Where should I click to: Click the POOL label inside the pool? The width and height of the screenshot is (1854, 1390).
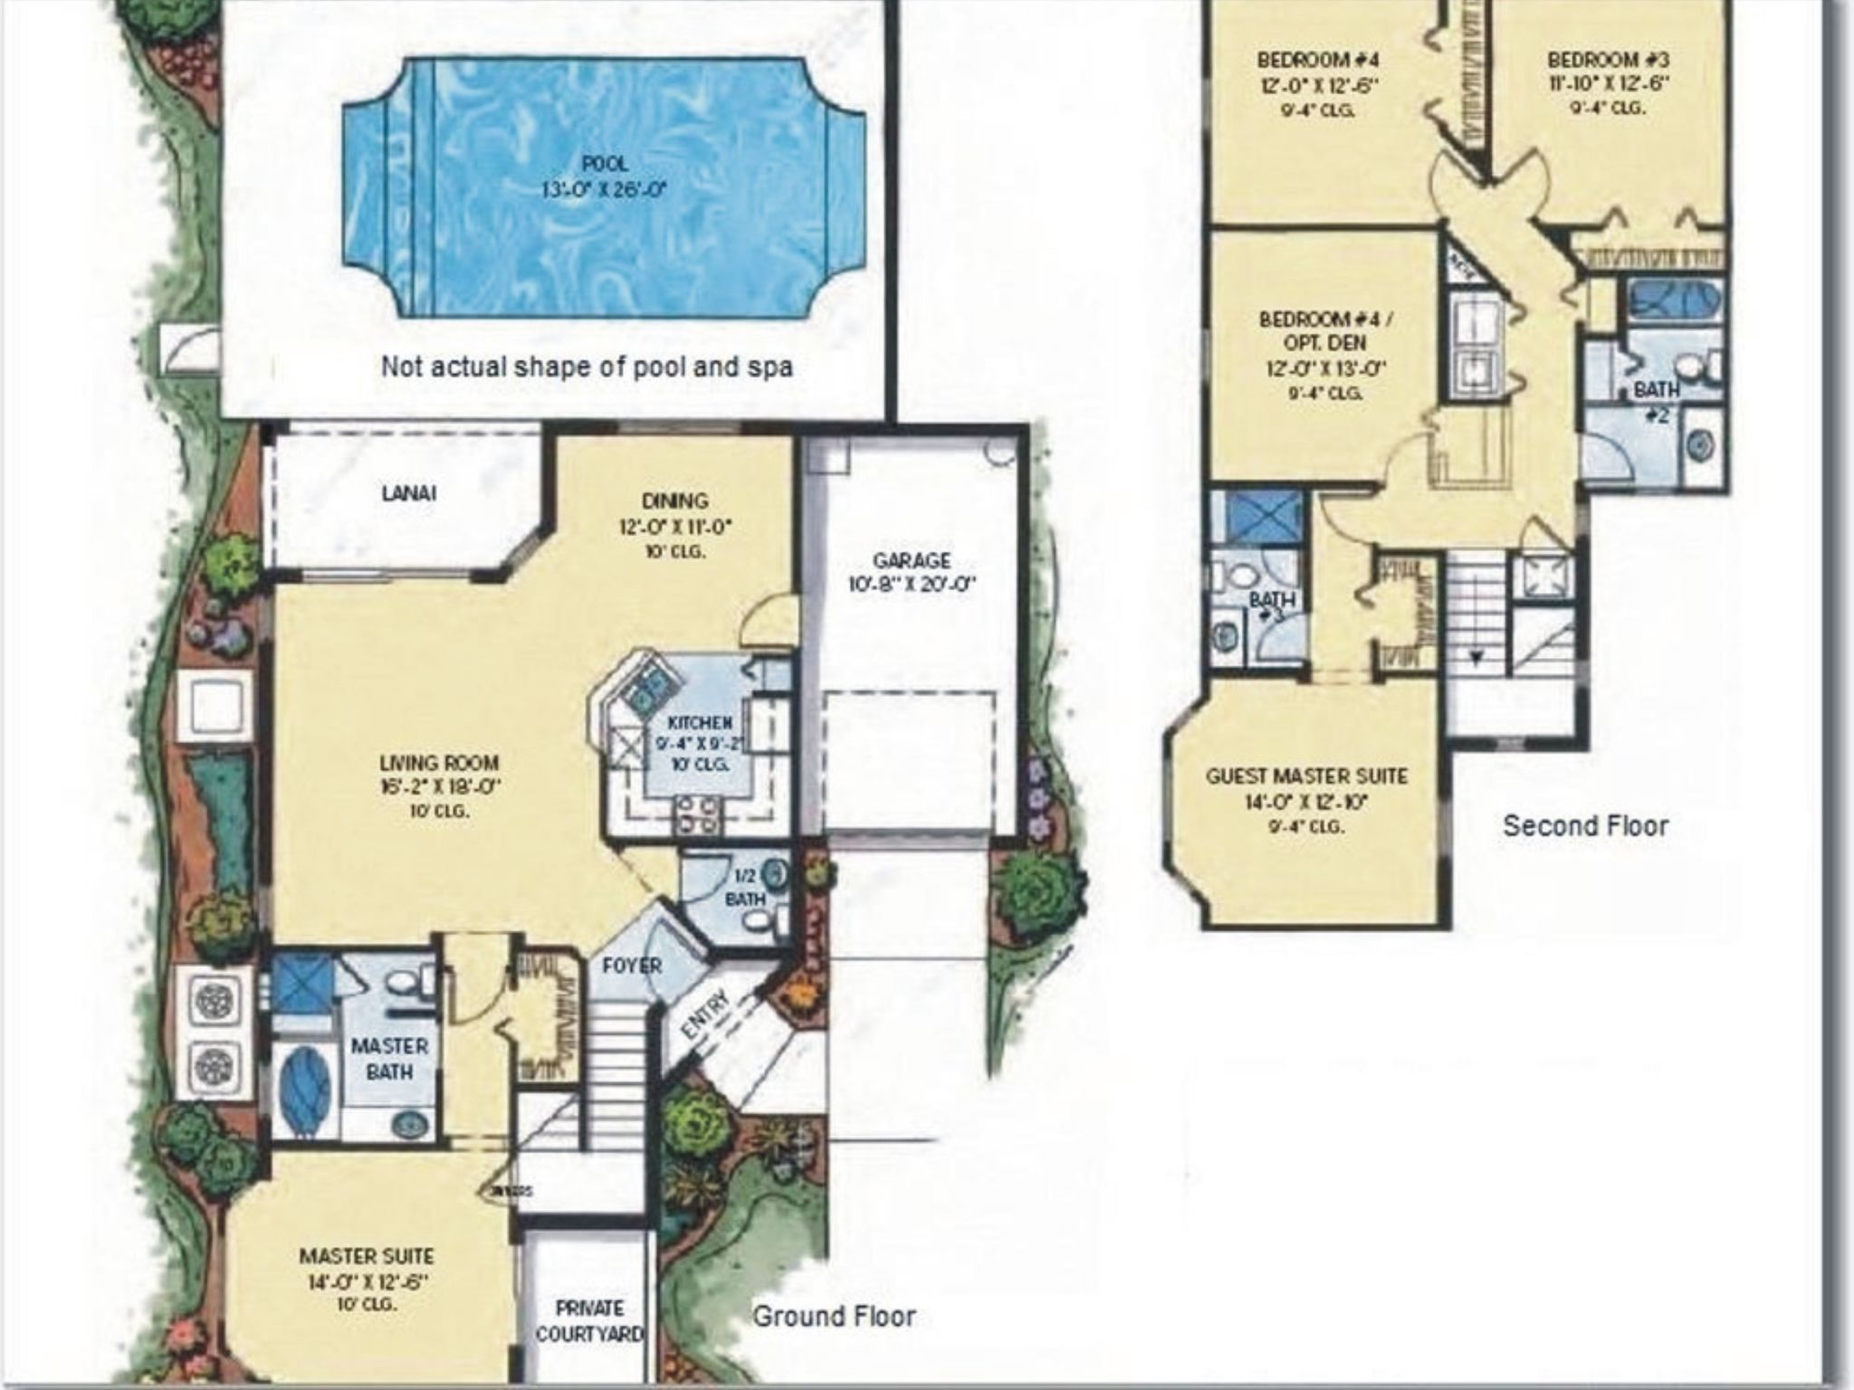point(604,164)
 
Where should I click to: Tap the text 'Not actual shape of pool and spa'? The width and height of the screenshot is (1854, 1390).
point(587,367)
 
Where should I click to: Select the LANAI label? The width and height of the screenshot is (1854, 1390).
point(408,493)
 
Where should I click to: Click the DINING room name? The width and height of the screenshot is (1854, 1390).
point(674,501)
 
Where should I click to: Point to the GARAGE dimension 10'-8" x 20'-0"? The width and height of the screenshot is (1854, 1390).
point(912,585)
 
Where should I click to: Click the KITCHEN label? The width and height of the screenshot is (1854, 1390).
point(699,722)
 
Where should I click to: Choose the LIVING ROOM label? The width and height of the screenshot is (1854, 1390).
point(439,763)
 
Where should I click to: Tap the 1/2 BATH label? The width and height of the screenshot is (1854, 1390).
point(745,888)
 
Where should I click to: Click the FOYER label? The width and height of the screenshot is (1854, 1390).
point(632,966)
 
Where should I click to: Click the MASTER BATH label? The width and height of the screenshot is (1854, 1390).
point(388,1058)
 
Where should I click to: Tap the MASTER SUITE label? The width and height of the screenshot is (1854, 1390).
point(366,1256)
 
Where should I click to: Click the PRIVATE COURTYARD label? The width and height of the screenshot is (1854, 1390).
point(589,1320)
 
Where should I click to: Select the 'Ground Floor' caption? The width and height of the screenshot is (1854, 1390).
point(834,1316)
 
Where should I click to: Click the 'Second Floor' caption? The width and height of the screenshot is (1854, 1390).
point(1585,825)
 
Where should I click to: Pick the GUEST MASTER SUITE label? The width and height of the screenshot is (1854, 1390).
point(1306,776)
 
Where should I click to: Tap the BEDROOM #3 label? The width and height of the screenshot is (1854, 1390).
point(1608,61)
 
